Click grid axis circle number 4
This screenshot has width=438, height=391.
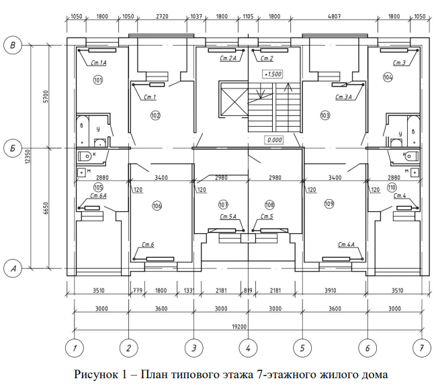click(x=248, y=348)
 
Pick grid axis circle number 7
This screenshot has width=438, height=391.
click(x=421, y=348)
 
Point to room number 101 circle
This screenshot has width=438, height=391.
click(x=98, y=80)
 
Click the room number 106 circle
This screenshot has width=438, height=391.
click(x=157, y=205)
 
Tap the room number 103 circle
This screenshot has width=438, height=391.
click(x=326, y=115)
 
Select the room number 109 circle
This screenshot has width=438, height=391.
click(x=329, y=203)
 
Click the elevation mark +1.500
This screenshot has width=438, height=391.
click(x=272, y=74)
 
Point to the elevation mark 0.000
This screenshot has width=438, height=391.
click(x=273, y=140)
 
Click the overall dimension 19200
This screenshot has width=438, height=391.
click(x=248, y=327)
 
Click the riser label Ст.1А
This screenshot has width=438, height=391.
click(x=99, y=62)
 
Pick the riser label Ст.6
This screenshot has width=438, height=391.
click(x=148, y=244)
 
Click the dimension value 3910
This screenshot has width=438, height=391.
click(x=334, y=290)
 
